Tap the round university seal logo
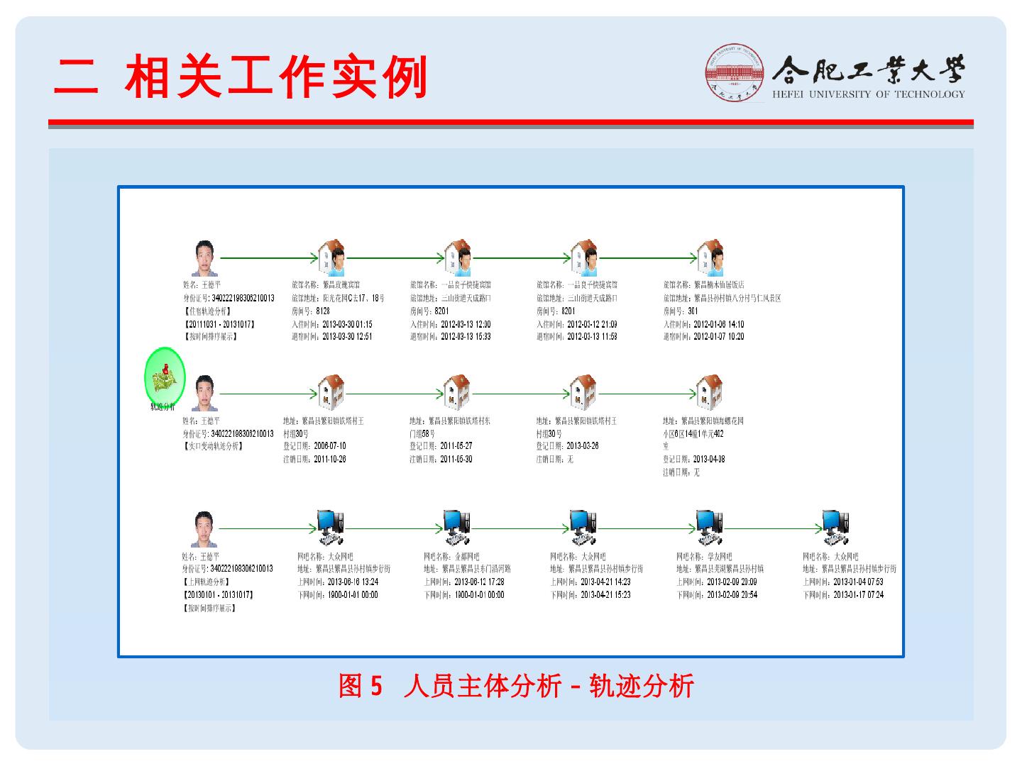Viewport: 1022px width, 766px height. click(x=735, y=73)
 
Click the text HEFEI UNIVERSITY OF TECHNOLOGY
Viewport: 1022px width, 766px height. click(x=868, y=94)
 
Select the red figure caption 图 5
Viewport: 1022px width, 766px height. click(x=361, y=686)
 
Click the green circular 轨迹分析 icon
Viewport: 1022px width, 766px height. click(x=165, y=375)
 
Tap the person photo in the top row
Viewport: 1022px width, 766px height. click(x=204, y=259)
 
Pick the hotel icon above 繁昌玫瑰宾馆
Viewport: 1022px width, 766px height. click(x=331, y=258)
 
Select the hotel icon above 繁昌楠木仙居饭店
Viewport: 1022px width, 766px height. click(x=710, y=258)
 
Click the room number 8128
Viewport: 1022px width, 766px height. click(x=323, y=311)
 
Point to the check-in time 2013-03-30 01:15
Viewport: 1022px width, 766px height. click(x=347, y=324)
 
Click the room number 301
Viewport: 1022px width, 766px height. click(x=693, y=311)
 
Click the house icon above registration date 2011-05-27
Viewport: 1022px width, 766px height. click(x=456, y=392)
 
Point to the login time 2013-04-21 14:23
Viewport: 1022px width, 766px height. click(x=605, y=582)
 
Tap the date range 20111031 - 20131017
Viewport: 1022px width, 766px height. click(x=220, y=324)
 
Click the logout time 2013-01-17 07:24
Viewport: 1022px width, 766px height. click(x=858, y=595)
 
